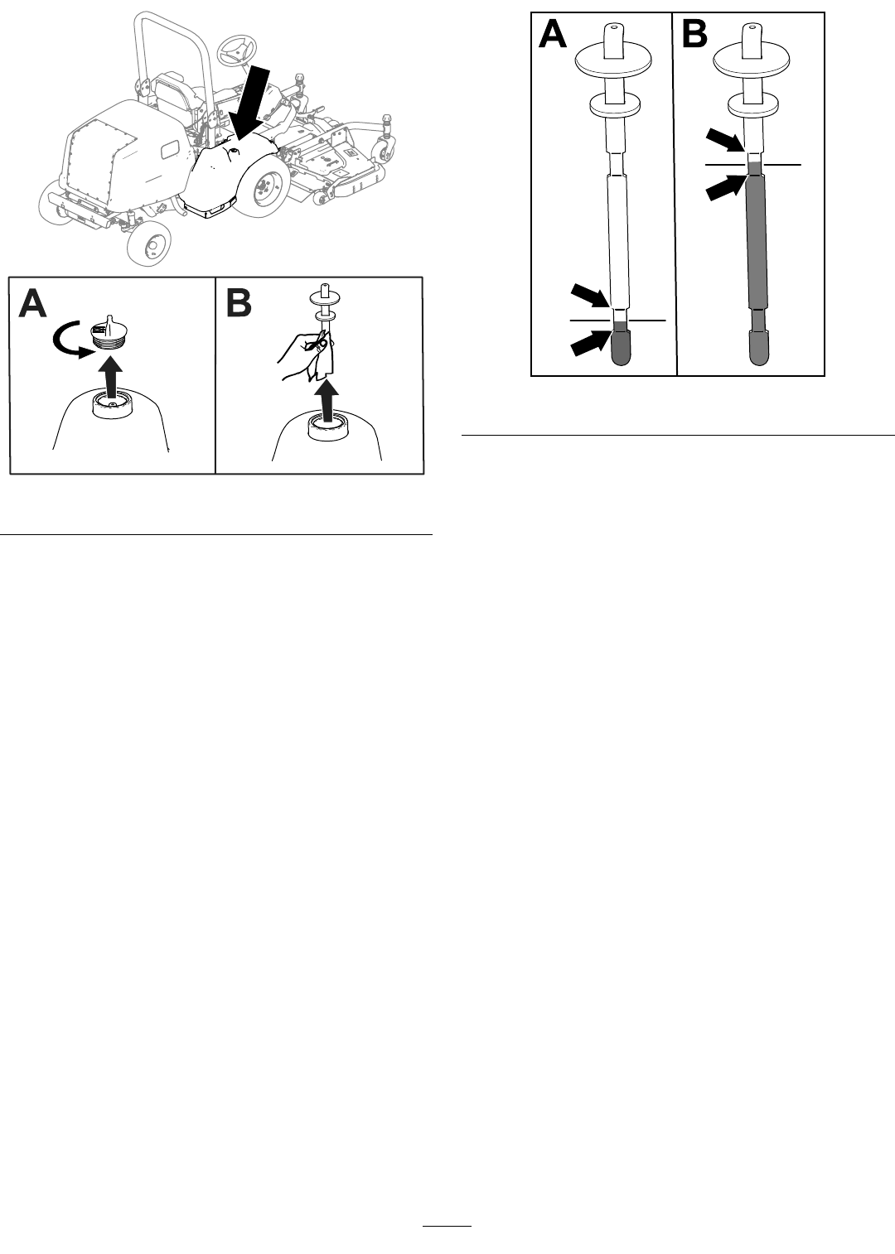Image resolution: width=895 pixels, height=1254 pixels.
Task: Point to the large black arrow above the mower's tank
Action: pos(250,101)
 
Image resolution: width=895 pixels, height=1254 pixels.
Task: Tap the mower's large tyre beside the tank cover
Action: pos(263,186)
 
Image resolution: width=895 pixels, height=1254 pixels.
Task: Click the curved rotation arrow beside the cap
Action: pos(65,343)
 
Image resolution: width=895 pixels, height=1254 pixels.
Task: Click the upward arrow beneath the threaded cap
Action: pos(111,379)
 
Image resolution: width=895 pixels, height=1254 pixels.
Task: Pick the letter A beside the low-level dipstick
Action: pos(552,35)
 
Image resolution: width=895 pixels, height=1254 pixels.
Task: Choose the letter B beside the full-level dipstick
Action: pos(694,35)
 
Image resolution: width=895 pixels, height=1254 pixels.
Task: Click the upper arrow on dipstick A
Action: pos(590,295)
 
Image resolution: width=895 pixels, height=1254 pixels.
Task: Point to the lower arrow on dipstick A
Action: pos(590,343)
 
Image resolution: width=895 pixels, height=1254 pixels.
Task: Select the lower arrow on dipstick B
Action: pos(726,187)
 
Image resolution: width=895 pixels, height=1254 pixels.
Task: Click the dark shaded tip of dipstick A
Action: pos(619,344)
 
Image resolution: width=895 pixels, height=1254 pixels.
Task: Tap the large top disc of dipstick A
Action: pos(614,61)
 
